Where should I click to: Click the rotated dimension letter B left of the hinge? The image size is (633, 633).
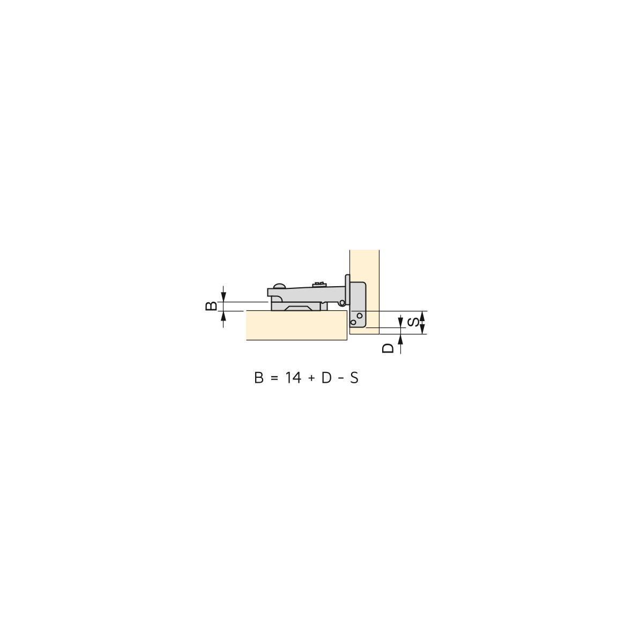[x=211, y=306]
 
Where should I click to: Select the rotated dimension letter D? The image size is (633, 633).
[x=388, y=348]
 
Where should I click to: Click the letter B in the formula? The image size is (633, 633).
[x=259, y=378]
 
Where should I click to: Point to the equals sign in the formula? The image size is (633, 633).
[x=274, y=378]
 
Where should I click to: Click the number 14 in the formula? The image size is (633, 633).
[x=293, y=378]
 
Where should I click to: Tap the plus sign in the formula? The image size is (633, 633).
[x=311, y=378]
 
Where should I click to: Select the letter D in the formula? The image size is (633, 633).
[x=326, y=378]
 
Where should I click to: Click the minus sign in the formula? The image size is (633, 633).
[x=340, y=378]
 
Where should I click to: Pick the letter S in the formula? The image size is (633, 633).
[x=354, y=378]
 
